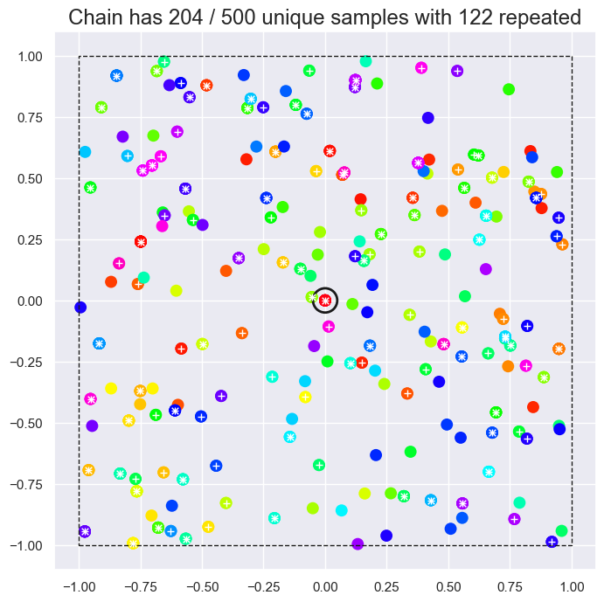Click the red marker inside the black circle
point(325,301)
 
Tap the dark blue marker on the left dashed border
point(80,307)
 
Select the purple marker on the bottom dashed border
point(358,544)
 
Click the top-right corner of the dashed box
point(572,56)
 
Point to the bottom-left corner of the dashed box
point(79,545)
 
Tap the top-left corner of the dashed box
point(79,56)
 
